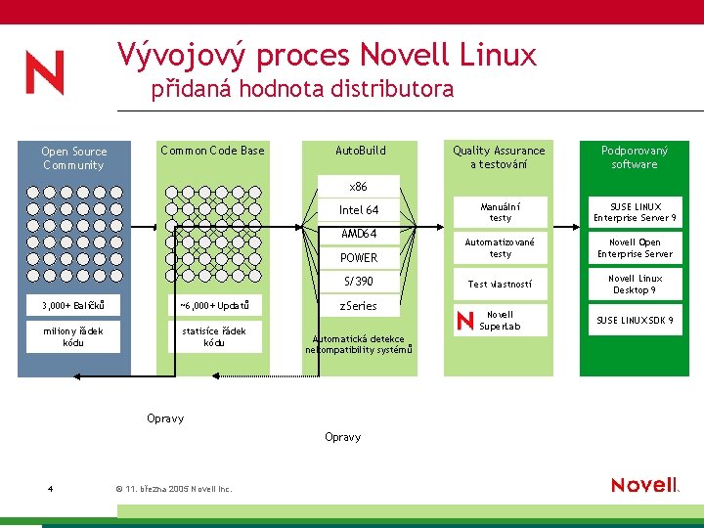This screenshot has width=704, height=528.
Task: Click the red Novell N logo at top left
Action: coord(45,73)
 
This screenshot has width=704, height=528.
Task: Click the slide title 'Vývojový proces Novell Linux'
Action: coord(327,54)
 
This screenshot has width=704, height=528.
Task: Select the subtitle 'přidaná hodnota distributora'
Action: coord(302,90)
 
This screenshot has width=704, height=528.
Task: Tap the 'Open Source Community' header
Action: coord(73,158)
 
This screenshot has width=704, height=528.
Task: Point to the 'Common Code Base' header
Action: coord(212,151)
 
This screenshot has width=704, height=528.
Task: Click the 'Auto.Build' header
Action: coord(360,151)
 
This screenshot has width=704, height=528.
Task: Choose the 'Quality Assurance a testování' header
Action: coord(499,157)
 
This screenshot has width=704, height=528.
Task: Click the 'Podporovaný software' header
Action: coord(635,157)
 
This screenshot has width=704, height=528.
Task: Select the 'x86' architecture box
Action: coord(359,187)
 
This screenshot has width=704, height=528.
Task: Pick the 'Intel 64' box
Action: coord(359,210)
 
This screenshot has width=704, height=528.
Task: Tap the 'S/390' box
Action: coord(359,282)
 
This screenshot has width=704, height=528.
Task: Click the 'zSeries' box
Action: coord(359,306)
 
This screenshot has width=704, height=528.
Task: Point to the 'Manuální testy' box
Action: coord(500,212)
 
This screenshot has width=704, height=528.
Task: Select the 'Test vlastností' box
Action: coord(500,285)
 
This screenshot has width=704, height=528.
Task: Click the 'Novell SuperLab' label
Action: coord(500,321)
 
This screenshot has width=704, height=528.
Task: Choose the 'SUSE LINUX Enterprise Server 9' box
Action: coord(635,212)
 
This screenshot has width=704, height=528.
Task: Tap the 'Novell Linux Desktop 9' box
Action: coord(635,285)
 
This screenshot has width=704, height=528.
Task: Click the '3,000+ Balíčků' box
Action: coord(73,306)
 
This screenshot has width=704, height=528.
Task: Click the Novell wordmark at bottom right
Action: coord(644,485)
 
